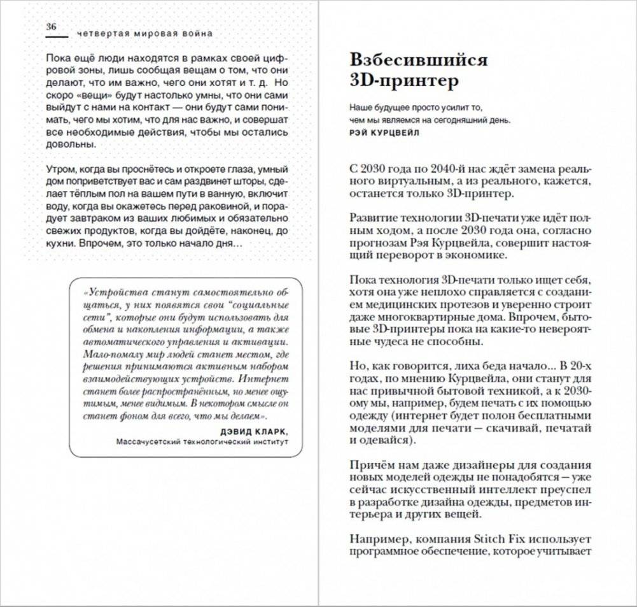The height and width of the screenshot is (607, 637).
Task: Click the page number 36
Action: pos(52,27)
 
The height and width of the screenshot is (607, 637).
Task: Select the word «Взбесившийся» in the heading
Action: pos(418,60)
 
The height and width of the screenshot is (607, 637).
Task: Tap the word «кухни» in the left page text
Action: pos(60,244)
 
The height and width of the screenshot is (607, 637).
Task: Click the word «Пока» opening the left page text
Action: pos(57,57)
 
